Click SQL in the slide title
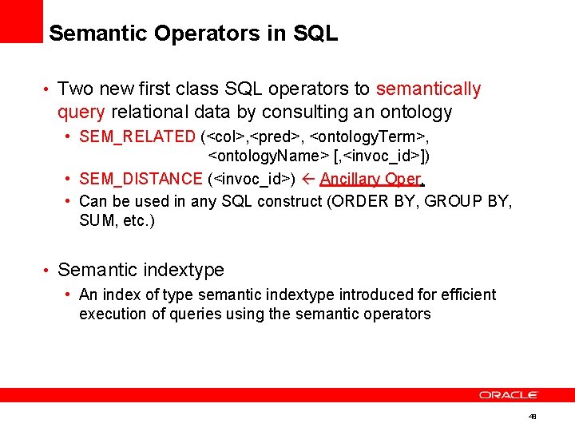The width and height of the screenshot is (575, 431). [316, 34]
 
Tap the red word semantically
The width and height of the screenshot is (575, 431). [428, 89]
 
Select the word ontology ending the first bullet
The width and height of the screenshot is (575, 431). [414, 112]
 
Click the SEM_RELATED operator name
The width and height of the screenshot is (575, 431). [137, 136]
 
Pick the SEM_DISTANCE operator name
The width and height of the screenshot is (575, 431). [141, 179]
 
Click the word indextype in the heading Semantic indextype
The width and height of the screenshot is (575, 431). [183, 270]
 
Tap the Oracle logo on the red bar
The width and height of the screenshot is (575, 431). [509, 395]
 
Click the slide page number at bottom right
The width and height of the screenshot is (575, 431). [533, 417]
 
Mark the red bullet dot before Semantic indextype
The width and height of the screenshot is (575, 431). [47, 271]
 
